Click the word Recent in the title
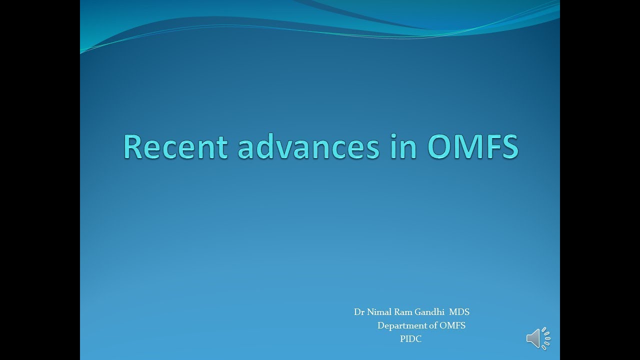(x=175, y=147)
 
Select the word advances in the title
(x=308, y=147)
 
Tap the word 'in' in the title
(x=402, y=147)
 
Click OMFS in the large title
(x=472, y=147)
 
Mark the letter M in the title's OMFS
(x=469, y=147)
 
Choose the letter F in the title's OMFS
(x=492, y=147)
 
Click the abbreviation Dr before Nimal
(x=359, y=312)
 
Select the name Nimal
(x=379, y=312)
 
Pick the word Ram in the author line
(x=404, y=312)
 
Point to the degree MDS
(x=459, y=312)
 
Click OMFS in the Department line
(x=452, y=325)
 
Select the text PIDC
(x=410, y=339)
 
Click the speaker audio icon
(x=538, y=339)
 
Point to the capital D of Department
(x=380, y=325)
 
